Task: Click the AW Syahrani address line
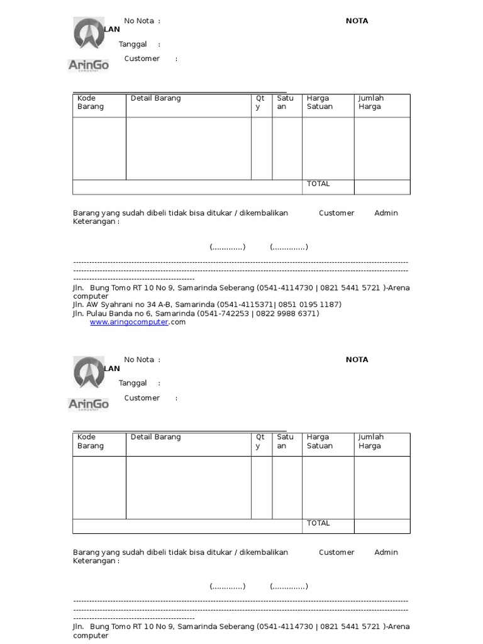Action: (207, 304)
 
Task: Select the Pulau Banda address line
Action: (196, 313)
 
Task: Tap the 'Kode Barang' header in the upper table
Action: (91, 103)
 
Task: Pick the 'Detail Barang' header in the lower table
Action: (155, 437)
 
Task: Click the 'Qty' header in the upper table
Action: (260, 103)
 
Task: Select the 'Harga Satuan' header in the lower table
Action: (319, 441)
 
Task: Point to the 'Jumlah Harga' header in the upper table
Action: (371, 103)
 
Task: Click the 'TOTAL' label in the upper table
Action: (318, 184)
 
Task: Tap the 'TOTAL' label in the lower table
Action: (318, 523)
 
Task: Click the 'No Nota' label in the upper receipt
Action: (139, 21)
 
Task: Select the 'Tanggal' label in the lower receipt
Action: (133, 383)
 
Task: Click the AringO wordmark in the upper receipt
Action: (88, 65)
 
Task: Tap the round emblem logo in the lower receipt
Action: (89, 372)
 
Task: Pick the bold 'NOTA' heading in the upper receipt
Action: (357, 21)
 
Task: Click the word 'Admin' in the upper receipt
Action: (386, 213)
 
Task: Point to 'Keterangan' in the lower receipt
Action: (94, 561)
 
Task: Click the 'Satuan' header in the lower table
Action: (285, 441)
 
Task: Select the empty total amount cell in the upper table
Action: (382, 187)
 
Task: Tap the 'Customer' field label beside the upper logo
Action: (142, 58)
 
